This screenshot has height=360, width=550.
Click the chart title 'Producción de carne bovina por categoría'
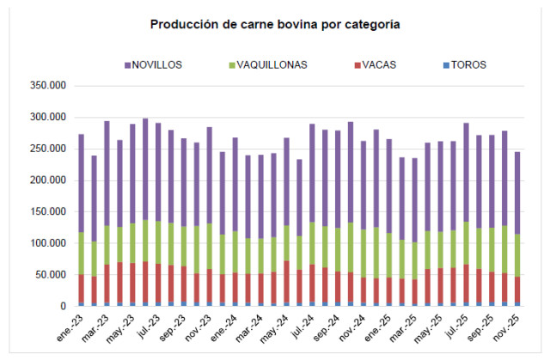(x=275, y=24)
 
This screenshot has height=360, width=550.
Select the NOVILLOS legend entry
(x=159, y=64)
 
